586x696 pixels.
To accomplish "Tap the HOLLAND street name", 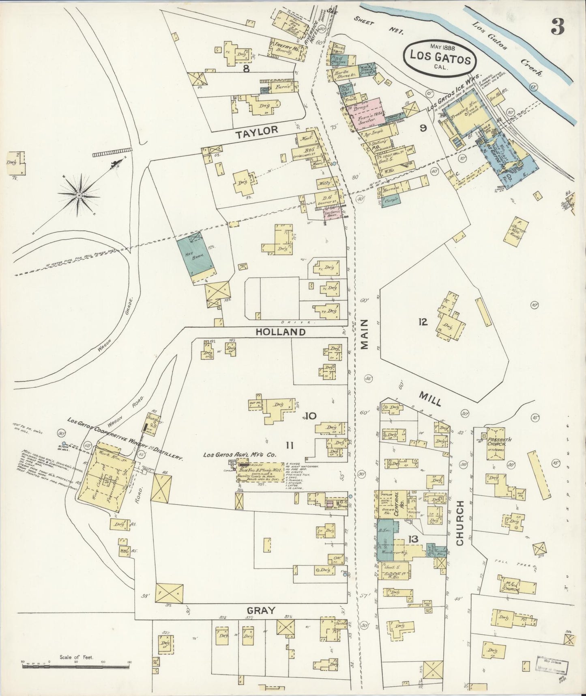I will [x=280, y=332].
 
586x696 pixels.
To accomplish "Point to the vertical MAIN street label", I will [x=364, y=334].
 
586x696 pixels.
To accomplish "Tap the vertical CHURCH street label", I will [x=459, y=523].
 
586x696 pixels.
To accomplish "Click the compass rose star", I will [x=79, y=195].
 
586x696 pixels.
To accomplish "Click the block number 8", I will [x=246, y=69].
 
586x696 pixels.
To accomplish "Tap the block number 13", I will [x=413, y=539].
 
